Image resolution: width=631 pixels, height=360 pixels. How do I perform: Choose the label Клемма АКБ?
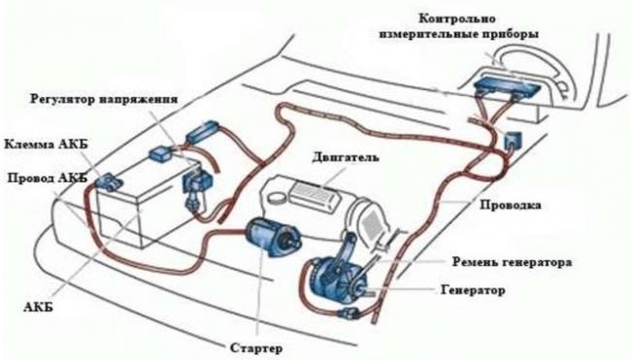point(46,142)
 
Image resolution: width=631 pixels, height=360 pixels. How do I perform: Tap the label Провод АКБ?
point(47,179)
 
